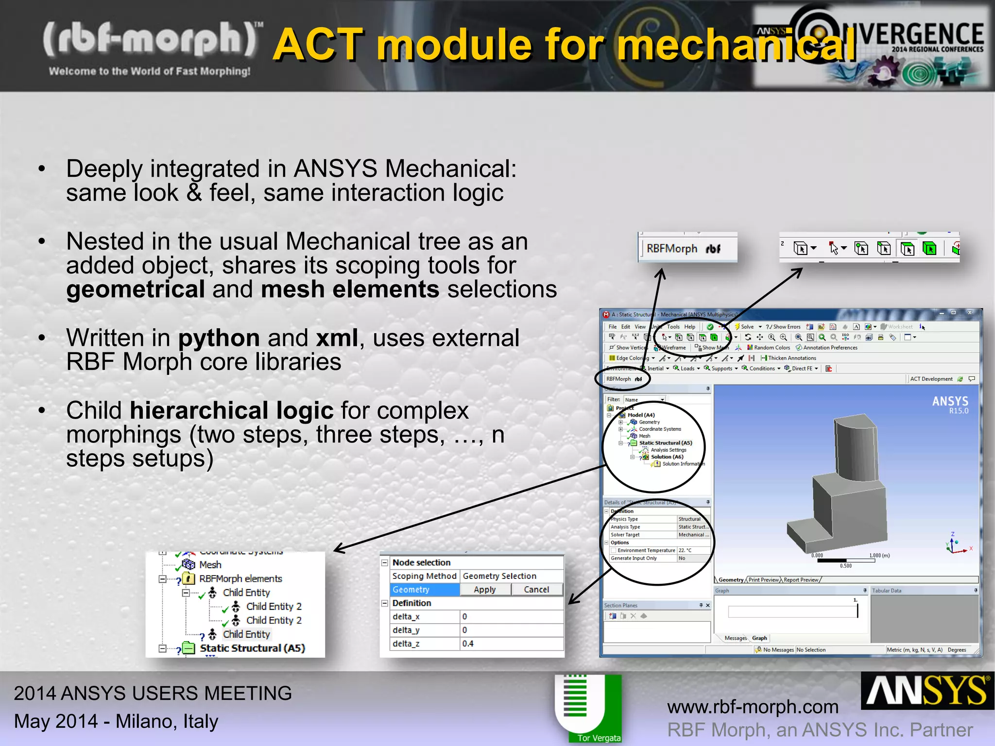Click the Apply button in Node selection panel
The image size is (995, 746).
point(485,589)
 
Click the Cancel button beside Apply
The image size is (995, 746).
point(536,589)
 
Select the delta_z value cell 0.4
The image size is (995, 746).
point(511,644)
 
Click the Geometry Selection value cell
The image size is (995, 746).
point(511,576)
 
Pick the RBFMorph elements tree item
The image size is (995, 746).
point(240,578)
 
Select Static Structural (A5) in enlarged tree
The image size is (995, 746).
point(252,648)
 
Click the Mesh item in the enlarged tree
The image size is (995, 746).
point(210,564)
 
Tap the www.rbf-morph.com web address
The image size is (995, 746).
point(753,707)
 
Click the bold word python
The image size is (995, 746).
point(219,338)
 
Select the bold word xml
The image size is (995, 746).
point(337,338)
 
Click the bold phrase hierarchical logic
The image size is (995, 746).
point(231,410)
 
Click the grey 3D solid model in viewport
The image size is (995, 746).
point(845,491)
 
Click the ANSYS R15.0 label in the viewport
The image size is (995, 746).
point(950,404)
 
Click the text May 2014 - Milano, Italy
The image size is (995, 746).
point(116,721)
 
